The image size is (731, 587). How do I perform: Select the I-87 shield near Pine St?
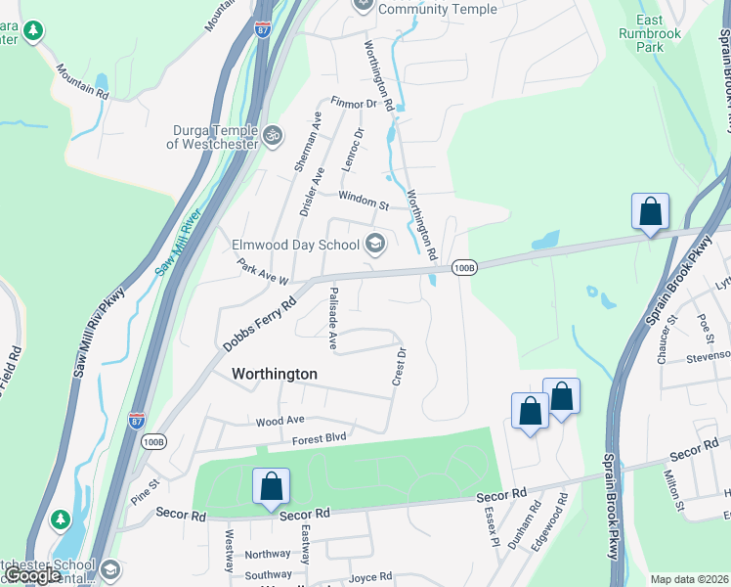tap(137, 421)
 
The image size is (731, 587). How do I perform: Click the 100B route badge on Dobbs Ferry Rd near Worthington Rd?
tap(464, 267)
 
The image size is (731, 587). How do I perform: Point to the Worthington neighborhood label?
tap(275, 374)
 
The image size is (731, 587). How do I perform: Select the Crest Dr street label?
tap(399, 366)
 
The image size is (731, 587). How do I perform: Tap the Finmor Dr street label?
tap(353, 103)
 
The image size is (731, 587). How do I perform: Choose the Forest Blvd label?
tap(321, 440)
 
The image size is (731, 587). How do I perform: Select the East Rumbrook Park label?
tap(649, 33)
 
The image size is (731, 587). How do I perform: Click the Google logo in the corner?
tap(33, 576)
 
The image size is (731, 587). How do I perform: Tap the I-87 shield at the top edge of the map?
tap(263, 28)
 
